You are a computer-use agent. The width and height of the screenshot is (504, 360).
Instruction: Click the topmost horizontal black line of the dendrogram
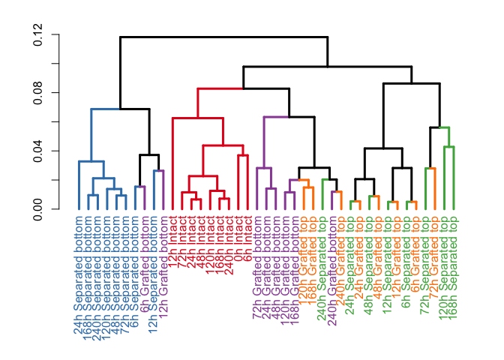point(224,37)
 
